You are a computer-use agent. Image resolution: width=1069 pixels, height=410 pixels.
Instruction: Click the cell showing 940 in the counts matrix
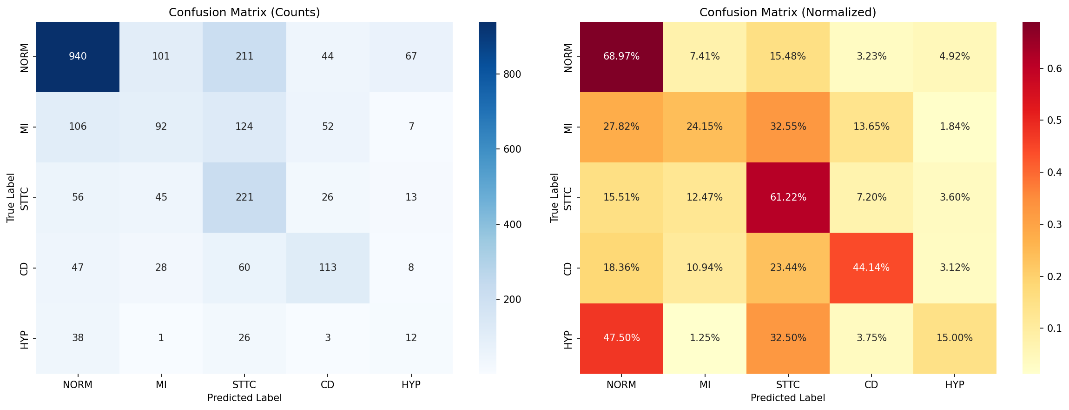pos(78,56)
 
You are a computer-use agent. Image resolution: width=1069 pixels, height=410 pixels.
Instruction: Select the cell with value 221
pos(244,197)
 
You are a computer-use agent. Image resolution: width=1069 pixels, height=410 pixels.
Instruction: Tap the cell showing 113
pos(328,268)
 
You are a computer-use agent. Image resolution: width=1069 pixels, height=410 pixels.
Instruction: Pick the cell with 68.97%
pos(621,56)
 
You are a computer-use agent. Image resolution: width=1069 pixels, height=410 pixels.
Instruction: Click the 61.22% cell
pos(788,197)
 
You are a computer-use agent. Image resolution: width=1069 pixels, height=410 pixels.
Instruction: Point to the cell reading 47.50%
pos(621,338)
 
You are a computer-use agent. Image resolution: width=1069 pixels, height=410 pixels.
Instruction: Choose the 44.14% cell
pos(871,268)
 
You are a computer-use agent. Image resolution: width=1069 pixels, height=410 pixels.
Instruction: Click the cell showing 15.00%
pos(955,338)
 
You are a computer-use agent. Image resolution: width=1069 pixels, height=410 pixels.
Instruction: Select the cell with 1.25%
pos(705,338)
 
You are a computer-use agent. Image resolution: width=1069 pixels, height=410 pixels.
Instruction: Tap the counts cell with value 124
pos(244,127)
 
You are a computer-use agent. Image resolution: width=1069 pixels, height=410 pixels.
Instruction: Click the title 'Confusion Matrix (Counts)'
pos(244,13)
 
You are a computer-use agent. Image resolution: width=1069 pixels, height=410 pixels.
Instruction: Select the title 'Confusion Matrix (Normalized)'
pos(788,13)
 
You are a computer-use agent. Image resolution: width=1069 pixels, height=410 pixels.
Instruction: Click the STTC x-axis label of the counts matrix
pos(244,385)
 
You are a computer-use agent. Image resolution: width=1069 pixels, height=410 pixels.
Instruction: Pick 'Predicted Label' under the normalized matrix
pos(788,398)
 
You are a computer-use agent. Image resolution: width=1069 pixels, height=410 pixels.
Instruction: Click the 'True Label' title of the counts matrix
pos(11,198)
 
